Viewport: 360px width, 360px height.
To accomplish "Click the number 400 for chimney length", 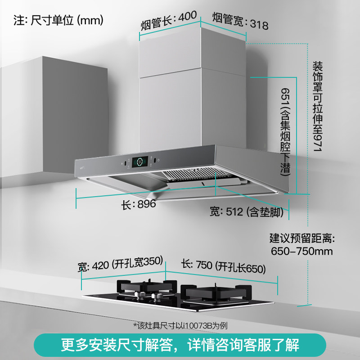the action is coord(187,17).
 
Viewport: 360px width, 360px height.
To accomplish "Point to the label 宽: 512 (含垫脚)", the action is coord(247,212).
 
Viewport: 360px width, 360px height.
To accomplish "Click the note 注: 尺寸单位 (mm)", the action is coord(59,20).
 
